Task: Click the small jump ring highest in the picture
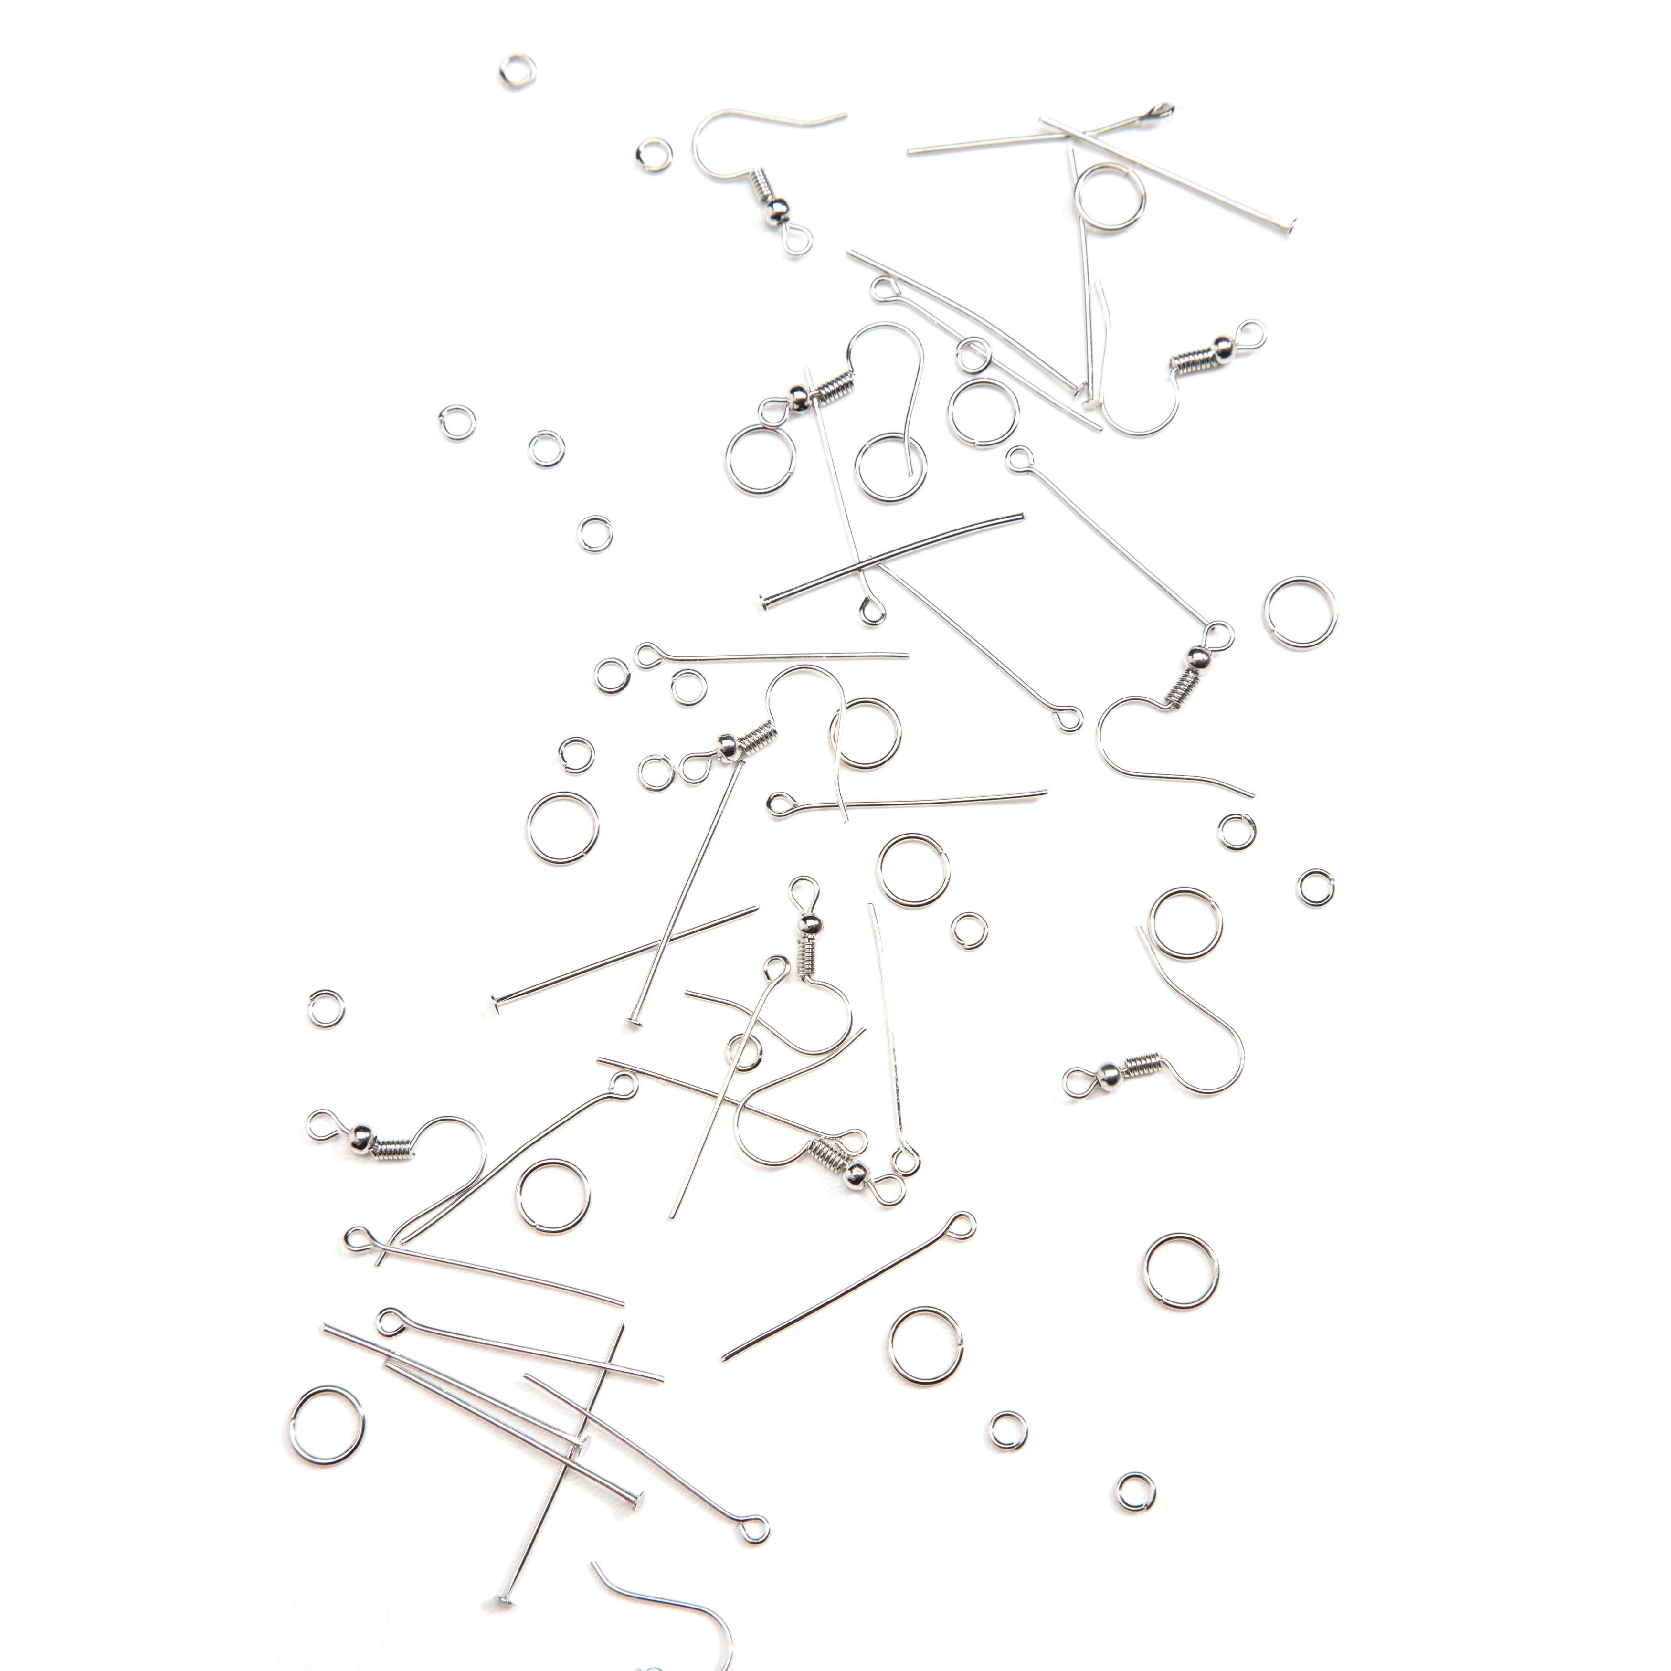tap(517, 71)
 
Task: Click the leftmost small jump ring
tap(326, 1008)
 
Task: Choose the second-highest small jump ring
tap(653, 155)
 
